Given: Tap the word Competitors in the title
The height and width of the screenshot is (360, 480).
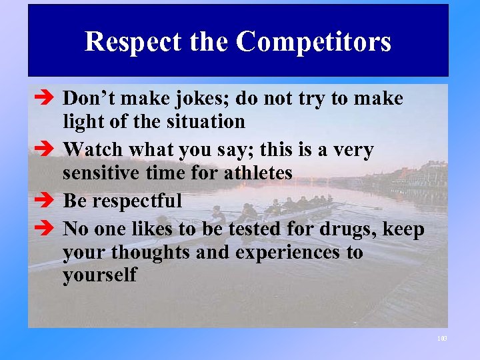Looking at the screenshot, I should (313, 42).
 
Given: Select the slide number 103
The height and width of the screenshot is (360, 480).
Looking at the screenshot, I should (442, 339).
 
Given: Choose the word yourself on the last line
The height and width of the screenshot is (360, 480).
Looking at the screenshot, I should (99, 275).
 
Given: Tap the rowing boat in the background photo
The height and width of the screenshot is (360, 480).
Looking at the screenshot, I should (267, 210).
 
